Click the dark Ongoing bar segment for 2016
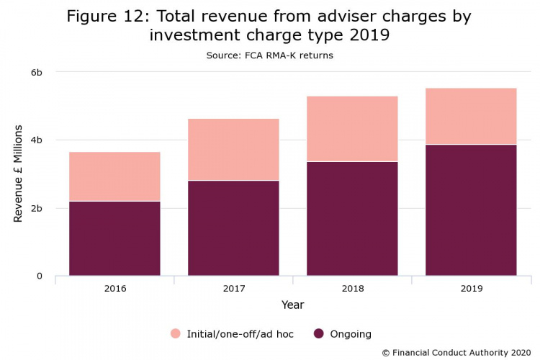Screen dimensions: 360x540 coord(114,238)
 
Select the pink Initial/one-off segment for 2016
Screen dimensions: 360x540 coord(114,176)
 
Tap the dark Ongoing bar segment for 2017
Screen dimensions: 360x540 coord(233,228)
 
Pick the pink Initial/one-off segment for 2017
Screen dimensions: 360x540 coord(233,149)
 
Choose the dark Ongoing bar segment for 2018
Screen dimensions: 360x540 coord(352,218)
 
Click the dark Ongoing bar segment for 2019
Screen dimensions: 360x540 coord(471,210)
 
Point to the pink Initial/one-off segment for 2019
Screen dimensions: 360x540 coord(471,116)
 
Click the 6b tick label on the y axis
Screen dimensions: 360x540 coord(36,72)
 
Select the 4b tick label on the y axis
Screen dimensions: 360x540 coord(36,140)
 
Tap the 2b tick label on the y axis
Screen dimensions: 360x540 coord(36,208)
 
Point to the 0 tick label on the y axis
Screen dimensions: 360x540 coord(40,276)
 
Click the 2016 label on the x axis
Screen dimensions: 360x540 coord(114,289)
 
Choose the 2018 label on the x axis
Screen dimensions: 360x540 coord(352,289)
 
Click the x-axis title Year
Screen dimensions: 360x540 coord(292,305)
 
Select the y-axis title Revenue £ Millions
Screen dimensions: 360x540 coord(19,174)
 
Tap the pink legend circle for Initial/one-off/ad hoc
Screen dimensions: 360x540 coord(176,333)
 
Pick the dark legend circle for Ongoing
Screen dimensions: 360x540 coord(318,333)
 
